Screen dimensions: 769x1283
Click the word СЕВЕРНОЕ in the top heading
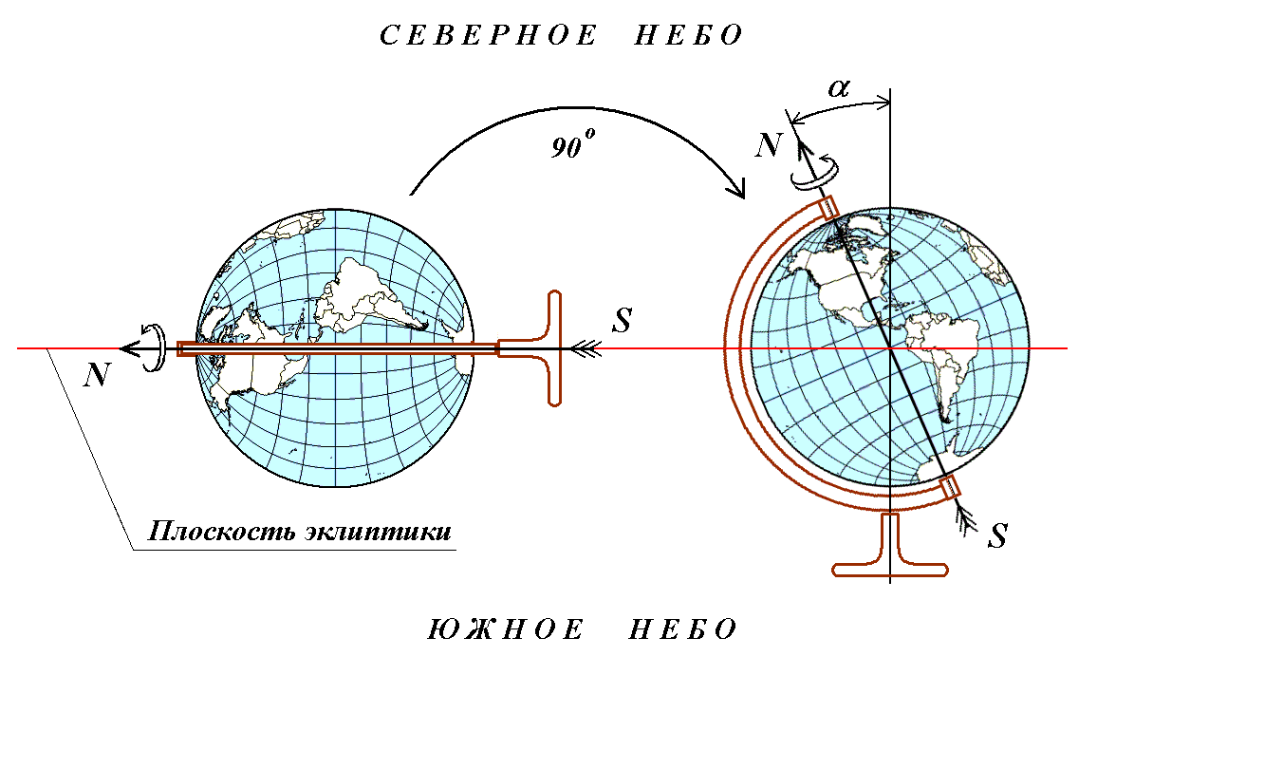489,36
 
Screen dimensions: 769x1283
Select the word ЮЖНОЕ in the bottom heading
505,630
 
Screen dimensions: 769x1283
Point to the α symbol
839,88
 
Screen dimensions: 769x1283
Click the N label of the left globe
97,375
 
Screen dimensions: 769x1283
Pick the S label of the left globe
622,320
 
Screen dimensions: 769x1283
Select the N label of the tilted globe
769,145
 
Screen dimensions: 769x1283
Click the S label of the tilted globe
996,536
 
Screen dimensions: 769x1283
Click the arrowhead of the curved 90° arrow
738,189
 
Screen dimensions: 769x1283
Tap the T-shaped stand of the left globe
550,348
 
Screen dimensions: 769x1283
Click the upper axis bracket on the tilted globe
829,206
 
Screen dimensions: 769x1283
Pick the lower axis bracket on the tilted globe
950,487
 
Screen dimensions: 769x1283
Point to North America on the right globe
840,275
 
